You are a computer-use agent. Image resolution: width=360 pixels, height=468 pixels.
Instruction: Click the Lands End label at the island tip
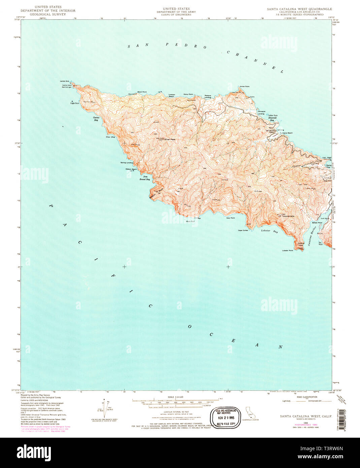[x=64, y=81]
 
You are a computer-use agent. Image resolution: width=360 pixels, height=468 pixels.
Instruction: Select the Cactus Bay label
[x=96, y=119]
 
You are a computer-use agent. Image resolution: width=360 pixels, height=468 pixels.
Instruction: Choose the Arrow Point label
[x=244, y=87]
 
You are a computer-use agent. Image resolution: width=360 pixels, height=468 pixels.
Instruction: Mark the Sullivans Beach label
[x=286, y=133]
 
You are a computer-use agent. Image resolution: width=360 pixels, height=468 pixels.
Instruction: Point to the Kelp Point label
[x=230, y=218]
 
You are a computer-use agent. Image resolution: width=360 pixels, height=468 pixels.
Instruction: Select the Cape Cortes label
[x=243, y=230]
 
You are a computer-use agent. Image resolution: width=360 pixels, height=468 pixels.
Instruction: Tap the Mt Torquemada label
[x=286, y=216]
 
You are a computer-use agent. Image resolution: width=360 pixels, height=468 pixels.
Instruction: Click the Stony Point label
[x=188, y=94]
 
